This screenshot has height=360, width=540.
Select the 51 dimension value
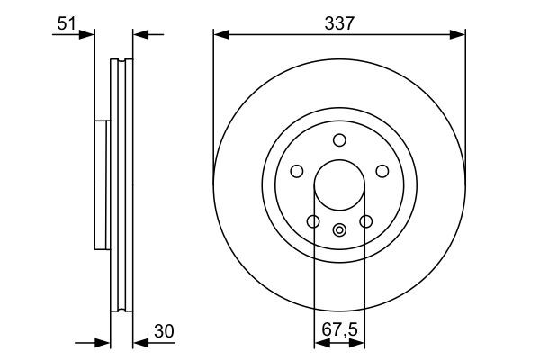point(66,24)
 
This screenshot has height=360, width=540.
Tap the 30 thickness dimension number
point(162,331)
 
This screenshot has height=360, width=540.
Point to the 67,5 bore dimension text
point(339,331)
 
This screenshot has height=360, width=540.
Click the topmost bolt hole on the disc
point(339,139)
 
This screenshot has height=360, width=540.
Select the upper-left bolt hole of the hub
point(296,171)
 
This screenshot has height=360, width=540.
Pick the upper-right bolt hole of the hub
point(382,171)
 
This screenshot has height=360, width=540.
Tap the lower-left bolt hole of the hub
point(312,221)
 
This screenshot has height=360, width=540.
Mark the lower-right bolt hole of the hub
point(366,221)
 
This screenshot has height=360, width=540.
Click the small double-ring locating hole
point(339,229)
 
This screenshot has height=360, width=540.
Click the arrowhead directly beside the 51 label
point(87,35)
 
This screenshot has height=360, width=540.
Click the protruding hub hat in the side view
point(101,184)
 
